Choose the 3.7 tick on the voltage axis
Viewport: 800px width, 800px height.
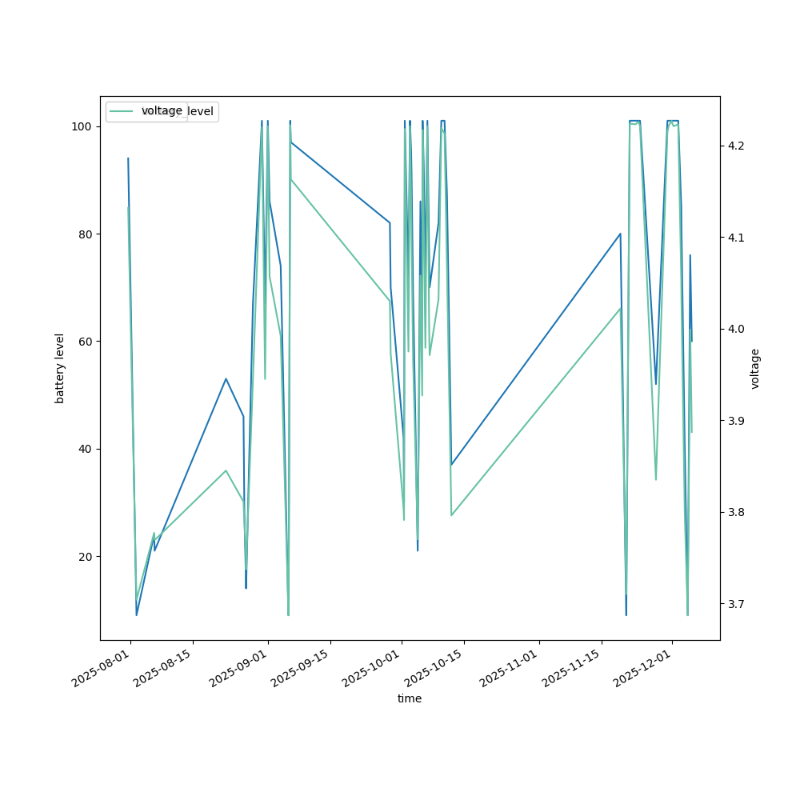click(x=735, y=604)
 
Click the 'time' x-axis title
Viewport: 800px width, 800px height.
click(x=410, y=698)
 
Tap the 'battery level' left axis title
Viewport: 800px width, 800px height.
click(x=60, y=368)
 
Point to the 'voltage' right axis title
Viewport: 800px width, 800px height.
click(x=755, y=368)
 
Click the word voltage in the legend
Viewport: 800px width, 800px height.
click(x=162, y=110)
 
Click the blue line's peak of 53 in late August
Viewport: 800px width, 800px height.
click(x=226, y=378)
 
